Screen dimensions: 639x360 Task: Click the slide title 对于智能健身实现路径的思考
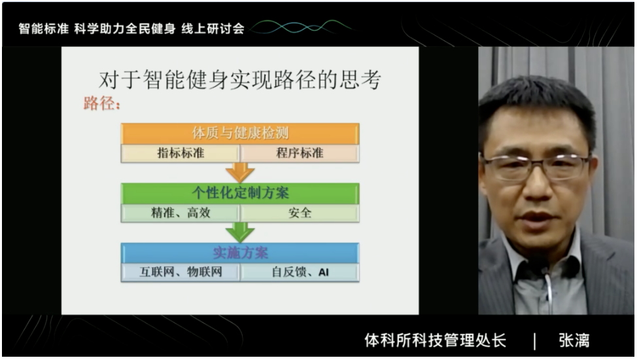(x=240, y=79)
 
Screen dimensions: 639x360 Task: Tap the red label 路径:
(x=102, y=103)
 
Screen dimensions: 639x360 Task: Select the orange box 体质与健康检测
(x=240, y=134)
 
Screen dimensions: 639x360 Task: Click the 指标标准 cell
(x=180, y=153)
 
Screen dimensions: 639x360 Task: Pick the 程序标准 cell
(x=300, y=153)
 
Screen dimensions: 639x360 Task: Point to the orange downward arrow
(x=240, y=172)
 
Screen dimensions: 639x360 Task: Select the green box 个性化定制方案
(x=240, y=193)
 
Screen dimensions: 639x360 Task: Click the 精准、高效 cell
(x=180, y=213)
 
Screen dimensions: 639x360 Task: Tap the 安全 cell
(x=300, y=213)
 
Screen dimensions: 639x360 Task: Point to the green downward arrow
(x=240, y=232)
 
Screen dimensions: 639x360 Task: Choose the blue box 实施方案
(x=240, y=253)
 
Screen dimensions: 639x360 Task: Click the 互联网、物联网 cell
(x=180, y=272)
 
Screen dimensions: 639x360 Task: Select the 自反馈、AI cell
(x=300, y=272)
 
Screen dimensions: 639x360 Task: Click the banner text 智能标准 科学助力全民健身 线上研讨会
(x=131, y=29)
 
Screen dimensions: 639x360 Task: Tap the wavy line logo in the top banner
(x=301, y=27)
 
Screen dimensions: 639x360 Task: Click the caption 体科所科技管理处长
(x=435, y=340)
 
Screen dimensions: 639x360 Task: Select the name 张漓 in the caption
(x=574, y=340)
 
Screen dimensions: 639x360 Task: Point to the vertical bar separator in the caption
(x=534, y=341)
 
